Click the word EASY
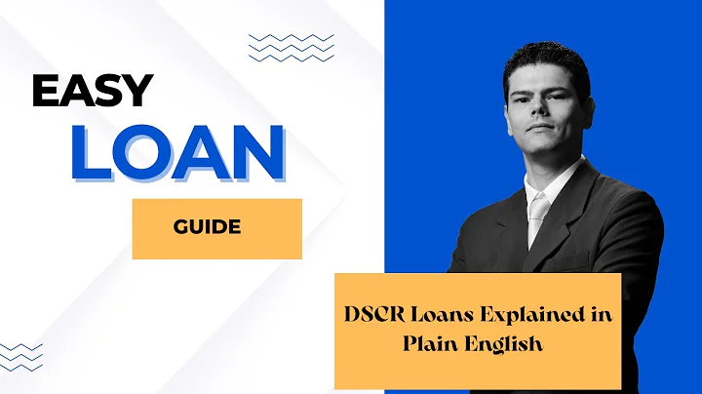93,91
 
